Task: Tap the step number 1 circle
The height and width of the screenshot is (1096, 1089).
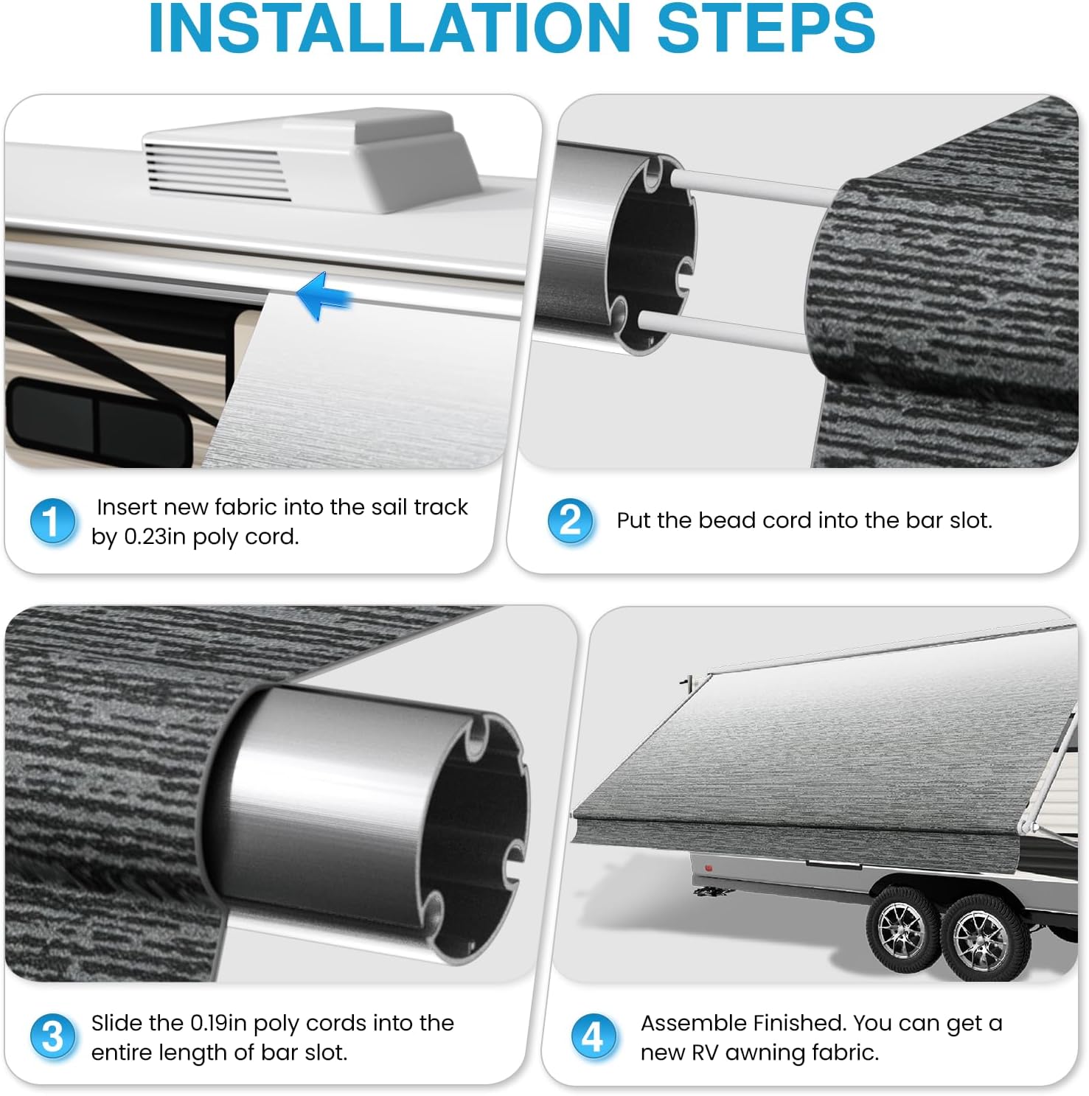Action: point(52,521)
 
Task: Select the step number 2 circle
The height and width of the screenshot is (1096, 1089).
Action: point(570,520)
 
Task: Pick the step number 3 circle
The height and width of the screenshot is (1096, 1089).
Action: point(52,1037)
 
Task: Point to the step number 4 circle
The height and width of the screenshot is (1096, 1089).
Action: point(594,1037)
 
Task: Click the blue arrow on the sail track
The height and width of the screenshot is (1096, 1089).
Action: point(323,296)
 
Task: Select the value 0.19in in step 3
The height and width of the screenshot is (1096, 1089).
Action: point(219,1023)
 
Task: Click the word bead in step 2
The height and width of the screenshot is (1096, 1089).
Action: point(728,520)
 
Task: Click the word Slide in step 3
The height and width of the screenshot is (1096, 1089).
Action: point(116,1023)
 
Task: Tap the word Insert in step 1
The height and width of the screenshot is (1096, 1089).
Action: point(127,507)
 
